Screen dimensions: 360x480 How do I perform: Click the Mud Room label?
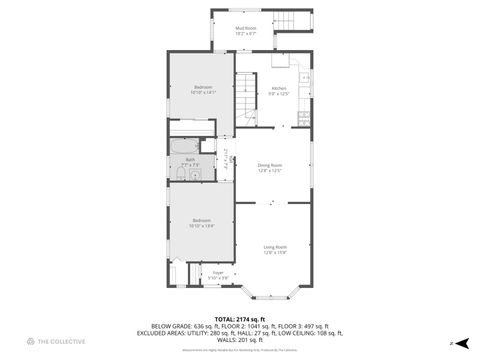[245, 29]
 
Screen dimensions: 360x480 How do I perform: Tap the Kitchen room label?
[279, 89]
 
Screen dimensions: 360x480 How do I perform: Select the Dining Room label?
[269, 165]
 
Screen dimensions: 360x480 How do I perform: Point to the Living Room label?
[275, 247]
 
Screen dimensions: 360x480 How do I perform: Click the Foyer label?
[217, 271]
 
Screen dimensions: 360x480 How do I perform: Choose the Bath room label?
[190, 159]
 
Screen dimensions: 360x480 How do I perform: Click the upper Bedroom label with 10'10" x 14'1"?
[202, 89]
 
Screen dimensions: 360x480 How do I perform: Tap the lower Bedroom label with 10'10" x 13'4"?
[202, 221]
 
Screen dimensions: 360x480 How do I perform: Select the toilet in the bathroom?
[177, 175]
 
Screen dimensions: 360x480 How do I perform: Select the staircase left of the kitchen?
[246, 90]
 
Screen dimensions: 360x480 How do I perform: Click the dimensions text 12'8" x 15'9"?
[275, 253]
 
